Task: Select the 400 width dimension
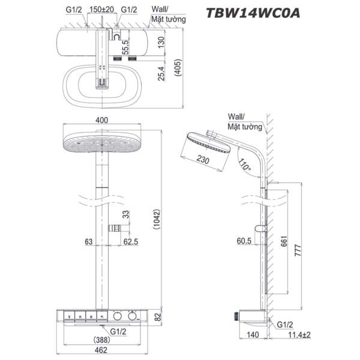(x=102, y=120)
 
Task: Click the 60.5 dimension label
(x=244, y=241)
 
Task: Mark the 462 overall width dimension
(x=102, y=350)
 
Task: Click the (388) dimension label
(x=102, y=339)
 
